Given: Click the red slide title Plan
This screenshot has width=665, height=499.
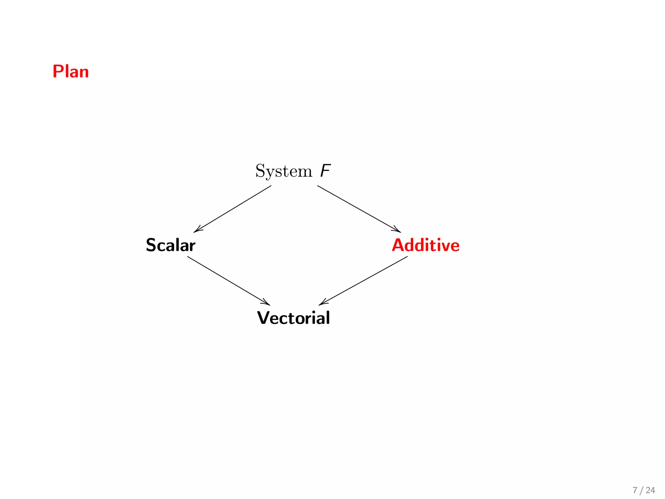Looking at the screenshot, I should point(70,71).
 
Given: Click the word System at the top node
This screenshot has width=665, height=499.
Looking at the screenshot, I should point(283,171).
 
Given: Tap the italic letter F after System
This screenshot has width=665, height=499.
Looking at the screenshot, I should point(325,171).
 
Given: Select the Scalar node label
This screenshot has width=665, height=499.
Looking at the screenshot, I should point(170,245).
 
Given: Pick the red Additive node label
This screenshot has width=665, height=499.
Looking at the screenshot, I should point(426,245).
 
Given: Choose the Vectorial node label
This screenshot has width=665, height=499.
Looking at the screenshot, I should point(294,318).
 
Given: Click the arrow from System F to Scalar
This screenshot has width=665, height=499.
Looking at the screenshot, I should point(232,209).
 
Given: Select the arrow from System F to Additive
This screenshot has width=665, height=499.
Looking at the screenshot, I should point(359,209).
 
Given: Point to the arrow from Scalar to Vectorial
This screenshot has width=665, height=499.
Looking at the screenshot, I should point(228,281).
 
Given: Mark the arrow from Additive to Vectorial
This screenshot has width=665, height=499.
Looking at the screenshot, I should point(363,281).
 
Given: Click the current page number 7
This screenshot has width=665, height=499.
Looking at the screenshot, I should point(635,490).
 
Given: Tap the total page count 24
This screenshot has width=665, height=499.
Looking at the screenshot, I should point(650,490).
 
